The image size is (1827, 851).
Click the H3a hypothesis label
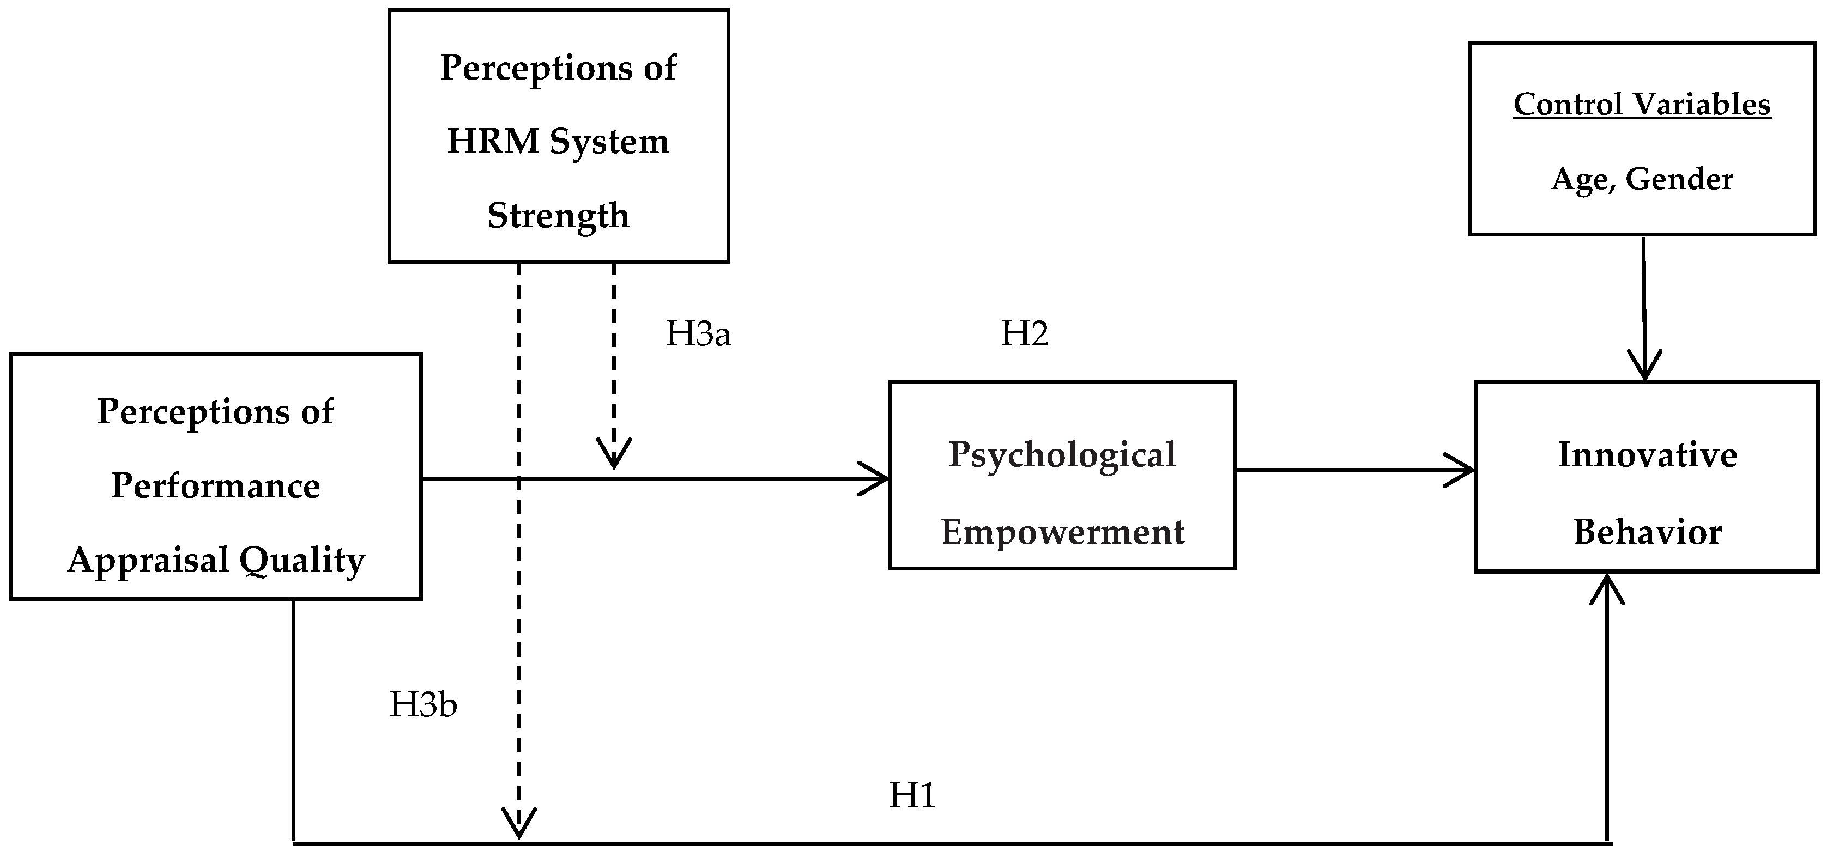(698, 334)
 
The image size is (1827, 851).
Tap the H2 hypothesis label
(1024, 333)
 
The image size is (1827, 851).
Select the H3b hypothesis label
(423, 705)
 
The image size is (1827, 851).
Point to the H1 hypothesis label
(912, 795)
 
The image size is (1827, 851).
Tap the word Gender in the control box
(1679, 179)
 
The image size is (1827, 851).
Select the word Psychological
(1062, 454)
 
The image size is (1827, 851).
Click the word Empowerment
(1062, 532)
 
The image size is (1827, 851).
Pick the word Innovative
(1647, 454)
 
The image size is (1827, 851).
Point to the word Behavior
(1647, 532)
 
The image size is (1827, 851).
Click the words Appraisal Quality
(216, 560)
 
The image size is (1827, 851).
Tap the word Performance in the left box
(216, 486)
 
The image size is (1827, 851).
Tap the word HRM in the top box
(493, 141)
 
